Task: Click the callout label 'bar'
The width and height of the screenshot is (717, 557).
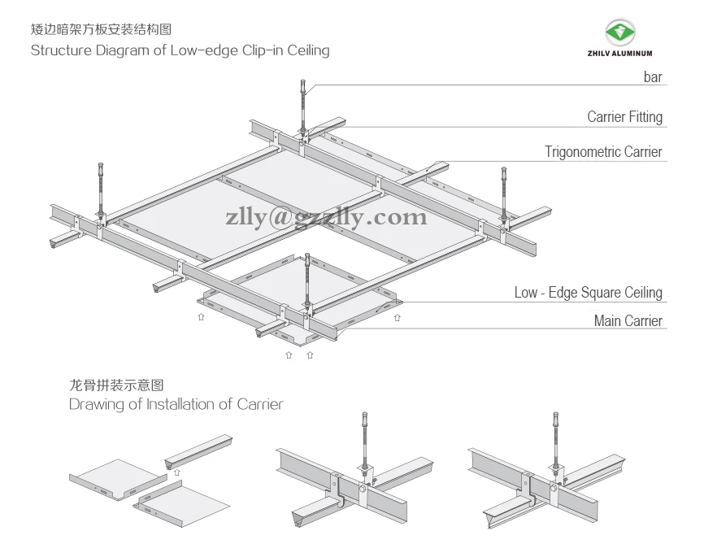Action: tap(652, 78)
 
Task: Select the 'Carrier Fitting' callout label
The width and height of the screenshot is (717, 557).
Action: tap(624, 117)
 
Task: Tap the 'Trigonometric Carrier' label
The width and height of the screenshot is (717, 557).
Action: tap(603, 152)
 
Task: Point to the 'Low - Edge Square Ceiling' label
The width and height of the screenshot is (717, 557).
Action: tap(588, 293)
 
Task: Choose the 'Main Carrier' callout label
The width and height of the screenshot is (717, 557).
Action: tap(628, 321)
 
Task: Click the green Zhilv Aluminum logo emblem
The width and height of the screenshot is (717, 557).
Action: tap(621, 33)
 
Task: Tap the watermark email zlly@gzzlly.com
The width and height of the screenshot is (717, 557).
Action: tap(327, 217)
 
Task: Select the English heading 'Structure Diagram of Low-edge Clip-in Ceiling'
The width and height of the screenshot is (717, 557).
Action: tap(180, 50)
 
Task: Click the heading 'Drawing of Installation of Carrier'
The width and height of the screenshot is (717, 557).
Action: tap(176, 404)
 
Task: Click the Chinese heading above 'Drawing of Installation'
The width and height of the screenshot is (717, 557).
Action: tap(122, 385)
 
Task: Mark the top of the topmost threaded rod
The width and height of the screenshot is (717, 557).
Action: tap(302, 84)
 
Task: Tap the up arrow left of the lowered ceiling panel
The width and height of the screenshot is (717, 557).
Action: tap(201, 318)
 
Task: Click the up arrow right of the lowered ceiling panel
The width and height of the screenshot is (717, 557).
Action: tap(396, 318)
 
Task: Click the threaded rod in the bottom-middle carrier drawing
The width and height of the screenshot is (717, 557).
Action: tap(362, 439)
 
